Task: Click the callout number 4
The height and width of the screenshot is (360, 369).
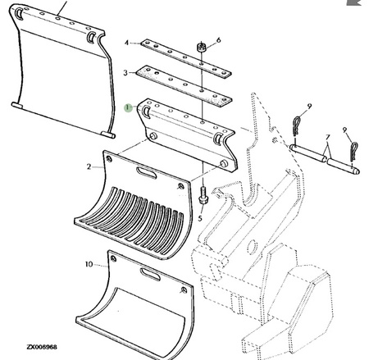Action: click(x=126, y=43)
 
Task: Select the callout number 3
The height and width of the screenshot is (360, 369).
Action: click(x=125, y=73)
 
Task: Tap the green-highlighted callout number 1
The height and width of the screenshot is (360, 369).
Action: click(x=128, y=107)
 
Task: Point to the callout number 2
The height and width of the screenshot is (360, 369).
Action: click(x=89, y=166)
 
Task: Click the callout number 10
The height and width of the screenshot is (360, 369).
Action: click(x=89, y=264)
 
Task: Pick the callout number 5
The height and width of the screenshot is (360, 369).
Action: click(x=200, y=218)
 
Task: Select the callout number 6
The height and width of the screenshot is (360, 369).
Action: click(x=219, y=40)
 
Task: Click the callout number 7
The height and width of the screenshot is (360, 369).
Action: click(x=328, y=137)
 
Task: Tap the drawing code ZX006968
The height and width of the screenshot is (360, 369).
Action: click(x=42, y=347)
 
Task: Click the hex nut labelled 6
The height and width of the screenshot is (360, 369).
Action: click(x=202, y=47)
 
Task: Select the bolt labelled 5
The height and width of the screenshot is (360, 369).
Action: click(x=203, y=195)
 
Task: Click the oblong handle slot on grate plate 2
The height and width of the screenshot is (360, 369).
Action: click(x=147, y=173)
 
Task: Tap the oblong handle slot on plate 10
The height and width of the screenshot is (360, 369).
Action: click(x=150, y=274)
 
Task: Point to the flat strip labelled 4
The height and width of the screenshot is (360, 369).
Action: click(x=186, y=57)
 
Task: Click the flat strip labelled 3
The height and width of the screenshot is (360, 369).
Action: click(x=184, y=85)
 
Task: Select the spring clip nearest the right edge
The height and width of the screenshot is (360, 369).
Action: click(x=354, y=152)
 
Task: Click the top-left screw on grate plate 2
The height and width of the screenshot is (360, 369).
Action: click(x=109, y=159)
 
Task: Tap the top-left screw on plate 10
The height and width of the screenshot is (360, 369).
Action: click(x=113, y=258)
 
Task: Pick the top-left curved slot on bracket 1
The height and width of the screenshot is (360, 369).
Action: click(x=146, y=112)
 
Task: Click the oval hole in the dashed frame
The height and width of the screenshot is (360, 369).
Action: click(x=251, y=247)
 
